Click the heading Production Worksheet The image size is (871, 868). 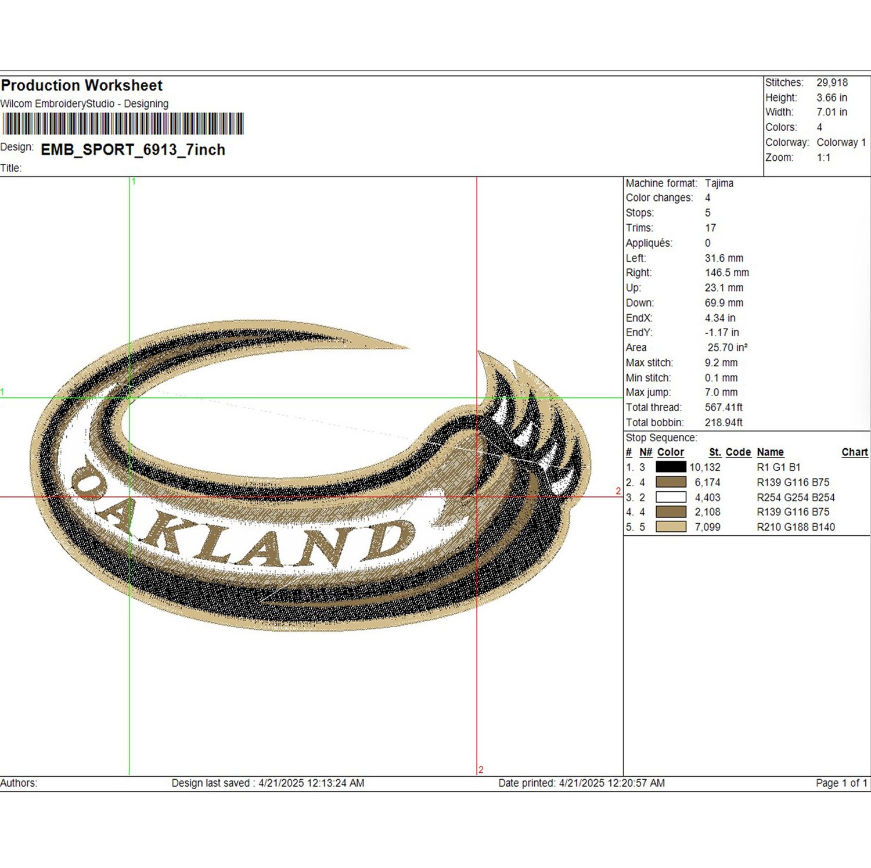point(82,85)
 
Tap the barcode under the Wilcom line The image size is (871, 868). point(123,124)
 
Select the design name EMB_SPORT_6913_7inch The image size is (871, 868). point(133,150)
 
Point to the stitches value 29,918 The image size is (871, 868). point(832,82)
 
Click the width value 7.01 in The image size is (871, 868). point(832,112)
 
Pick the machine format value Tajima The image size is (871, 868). point(719,183)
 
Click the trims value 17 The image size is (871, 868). point(711,228)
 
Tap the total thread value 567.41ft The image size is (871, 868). point(724,408)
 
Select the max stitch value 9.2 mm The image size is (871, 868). point(721,363)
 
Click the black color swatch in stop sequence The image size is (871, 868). point(671,467)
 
